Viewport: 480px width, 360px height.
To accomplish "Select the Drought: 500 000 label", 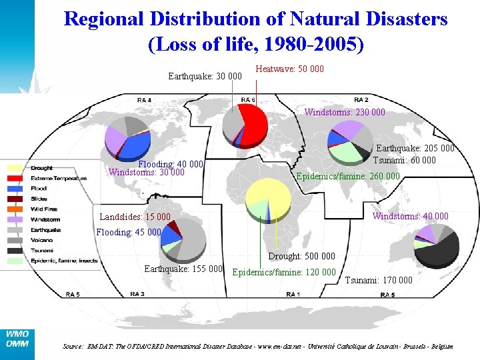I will click(x=301, y=257).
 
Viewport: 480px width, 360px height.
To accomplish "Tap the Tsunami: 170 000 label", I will click(x=379, y=280).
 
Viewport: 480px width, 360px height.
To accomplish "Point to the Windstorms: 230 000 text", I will click(x=345, y=113).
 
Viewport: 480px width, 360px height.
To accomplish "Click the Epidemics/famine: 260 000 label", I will click(x=347, y=177).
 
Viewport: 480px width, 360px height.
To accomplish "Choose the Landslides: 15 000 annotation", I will click(x=135, y=217).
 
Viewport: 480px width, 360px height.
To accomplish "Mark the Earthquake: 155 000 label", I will click(x=183, y=269).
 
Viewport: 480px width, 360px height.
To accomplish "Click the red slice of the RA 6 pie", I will click(x=254, y=123).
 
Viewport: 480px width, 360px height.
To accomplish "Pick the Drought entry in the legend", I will click(x=41, y=168).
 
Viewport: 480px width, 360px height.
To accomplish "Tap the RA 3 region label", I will click(x=137, y=294).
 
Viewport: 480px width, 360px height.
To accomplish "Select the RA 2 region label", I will click(x=361, y=99).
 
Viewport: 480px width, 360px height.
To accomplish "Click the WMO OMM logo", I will click(x=17, y=339).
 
